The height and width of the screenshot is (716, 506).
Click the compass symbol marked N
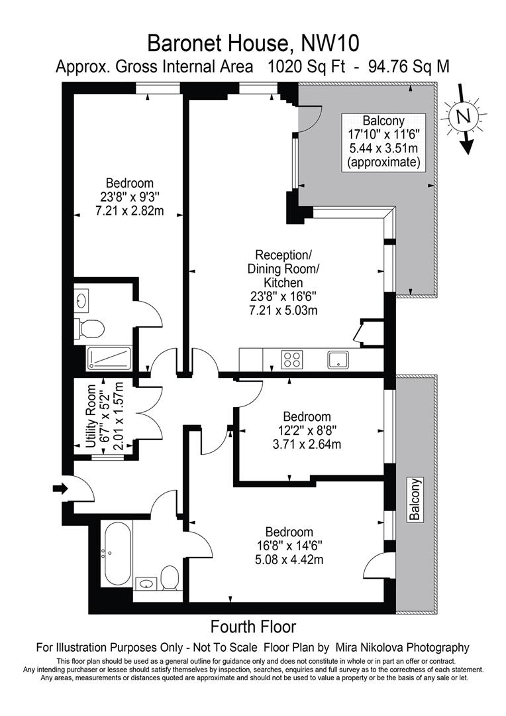click(463, 117)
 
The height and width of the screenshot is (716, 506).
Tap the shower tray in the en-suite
click(109, 359)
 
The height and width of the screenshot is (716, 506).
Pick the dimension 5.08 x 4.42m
click(289, 560)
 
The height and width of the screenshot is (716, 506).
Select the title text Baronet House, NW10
click(253, 44)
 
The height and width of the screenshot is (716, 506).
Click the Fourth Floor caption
click(253, 626)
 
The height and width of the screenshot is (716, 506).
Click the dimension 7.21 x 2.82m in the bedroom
click(130, 211)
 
